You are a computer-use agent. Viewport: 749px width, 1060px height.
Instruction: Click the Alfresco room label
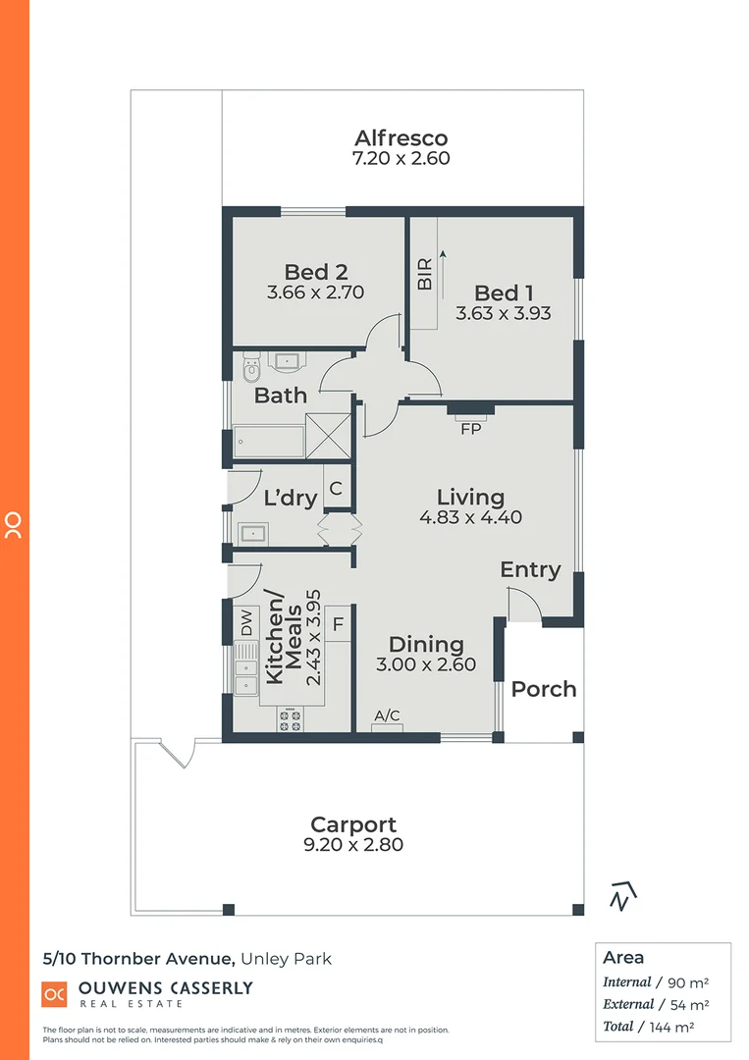pyautogui.click(x=401, y=137)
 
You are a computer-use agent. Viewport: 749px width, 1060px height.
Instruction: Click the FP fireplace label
pyautogui.click(x=470, y=428)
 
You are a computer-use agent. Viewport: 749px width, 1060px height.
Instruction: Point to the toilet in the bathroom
pyautogui.click(x=251, y=369)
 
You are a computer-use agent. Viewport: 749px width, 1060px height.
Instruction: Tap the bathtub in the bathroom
pyautogui.click(x=268, y=442)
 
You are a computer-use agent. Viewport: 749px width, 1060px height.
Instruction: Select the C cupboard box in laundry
pyautogui.click(x=336, y=488)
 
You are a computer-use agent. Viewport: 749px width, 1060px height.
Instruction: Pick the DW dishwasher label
pyautogui.click(x=246, y=620)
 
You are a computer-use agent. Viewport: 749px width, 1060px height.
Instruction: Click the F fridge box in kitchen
pyautogui.click(x=337, y=622)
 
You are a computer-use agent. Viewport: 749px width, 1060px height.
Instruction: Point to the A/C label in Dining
pyautogui.click(x=388, y=715)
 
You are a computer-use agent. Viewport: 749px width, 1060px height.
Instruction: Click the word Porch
pyautogui.click(x=544, y=689)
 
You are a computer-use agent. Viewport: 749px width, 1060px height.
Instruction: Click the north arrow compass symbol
pyautogui.click(x=621, y=895)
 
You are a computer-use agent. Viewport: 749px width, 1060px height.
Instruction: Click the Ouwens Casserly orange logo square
pyautogui.click(x=54, y=993)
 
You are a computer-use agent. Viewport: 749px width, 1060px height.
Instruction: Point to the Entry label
pyautogui.click(x=530, y=569)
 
